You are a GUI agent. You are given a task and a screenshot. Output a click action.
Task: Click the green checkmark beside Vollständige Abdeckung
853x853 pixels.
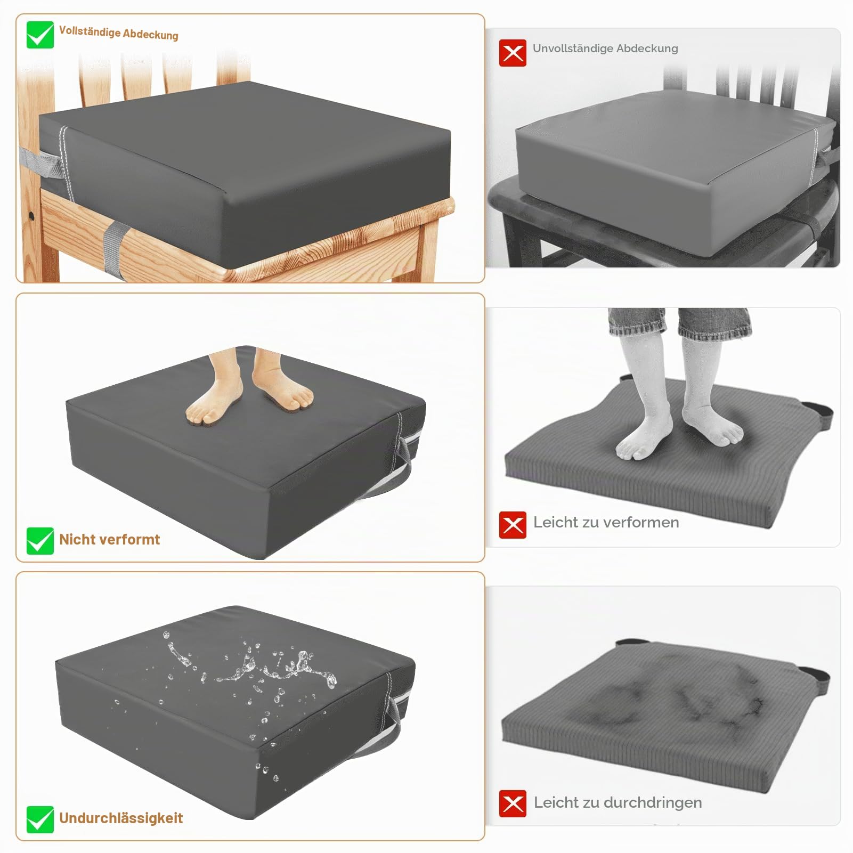point(40,35)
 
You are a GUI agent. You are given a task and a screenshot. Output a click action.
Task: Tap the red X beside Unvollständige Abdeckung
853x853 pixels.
point(513,53)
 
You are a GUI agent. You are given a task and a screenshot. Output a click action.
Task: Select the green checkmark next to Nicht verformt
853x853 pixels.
point(40,541)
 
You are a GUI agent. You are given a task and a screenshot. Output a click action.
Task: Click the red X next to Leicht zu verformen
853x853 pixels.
point(513,525)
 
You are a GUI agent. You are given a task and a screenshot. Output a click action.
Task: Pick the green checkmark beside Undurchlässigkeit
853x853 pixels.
point(40,819)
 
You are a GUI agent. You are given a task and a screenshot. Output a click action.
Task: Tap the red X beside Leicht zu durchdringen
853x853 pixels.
point(513,803)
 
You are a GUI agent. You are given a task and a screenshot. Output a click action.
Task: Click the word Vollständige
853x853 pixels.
point(90,32)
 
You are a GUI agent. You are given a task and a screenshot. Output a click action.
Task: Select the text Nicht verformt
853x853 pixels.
point(109,540)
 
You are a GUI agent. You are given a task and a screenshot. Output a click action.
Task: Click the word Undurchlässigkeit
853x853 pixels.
point(121,818)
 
